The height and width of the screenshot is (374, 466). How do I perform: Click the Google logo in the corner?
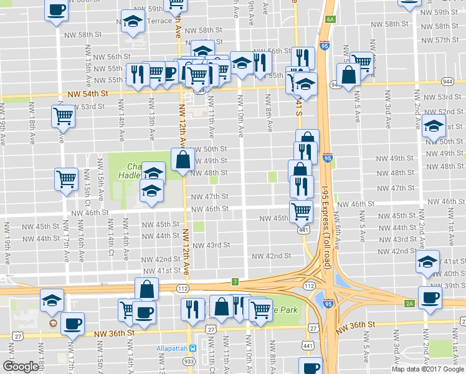(x=21, y=367)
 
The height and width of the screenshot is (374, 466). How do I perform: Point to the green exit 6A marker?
(x=330, y=19)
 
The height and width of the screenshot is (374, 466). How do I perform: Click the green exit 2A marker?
(x=409, y=304)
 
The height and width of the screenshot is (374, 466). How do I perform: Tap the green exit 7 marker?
(x=235, y=281)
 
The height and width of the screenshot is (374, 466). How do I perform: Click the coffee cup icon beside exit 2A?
(x=429, y=297)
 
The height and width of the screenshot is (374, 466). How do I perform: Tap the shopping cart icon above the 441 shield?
(x=301, y=211)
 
